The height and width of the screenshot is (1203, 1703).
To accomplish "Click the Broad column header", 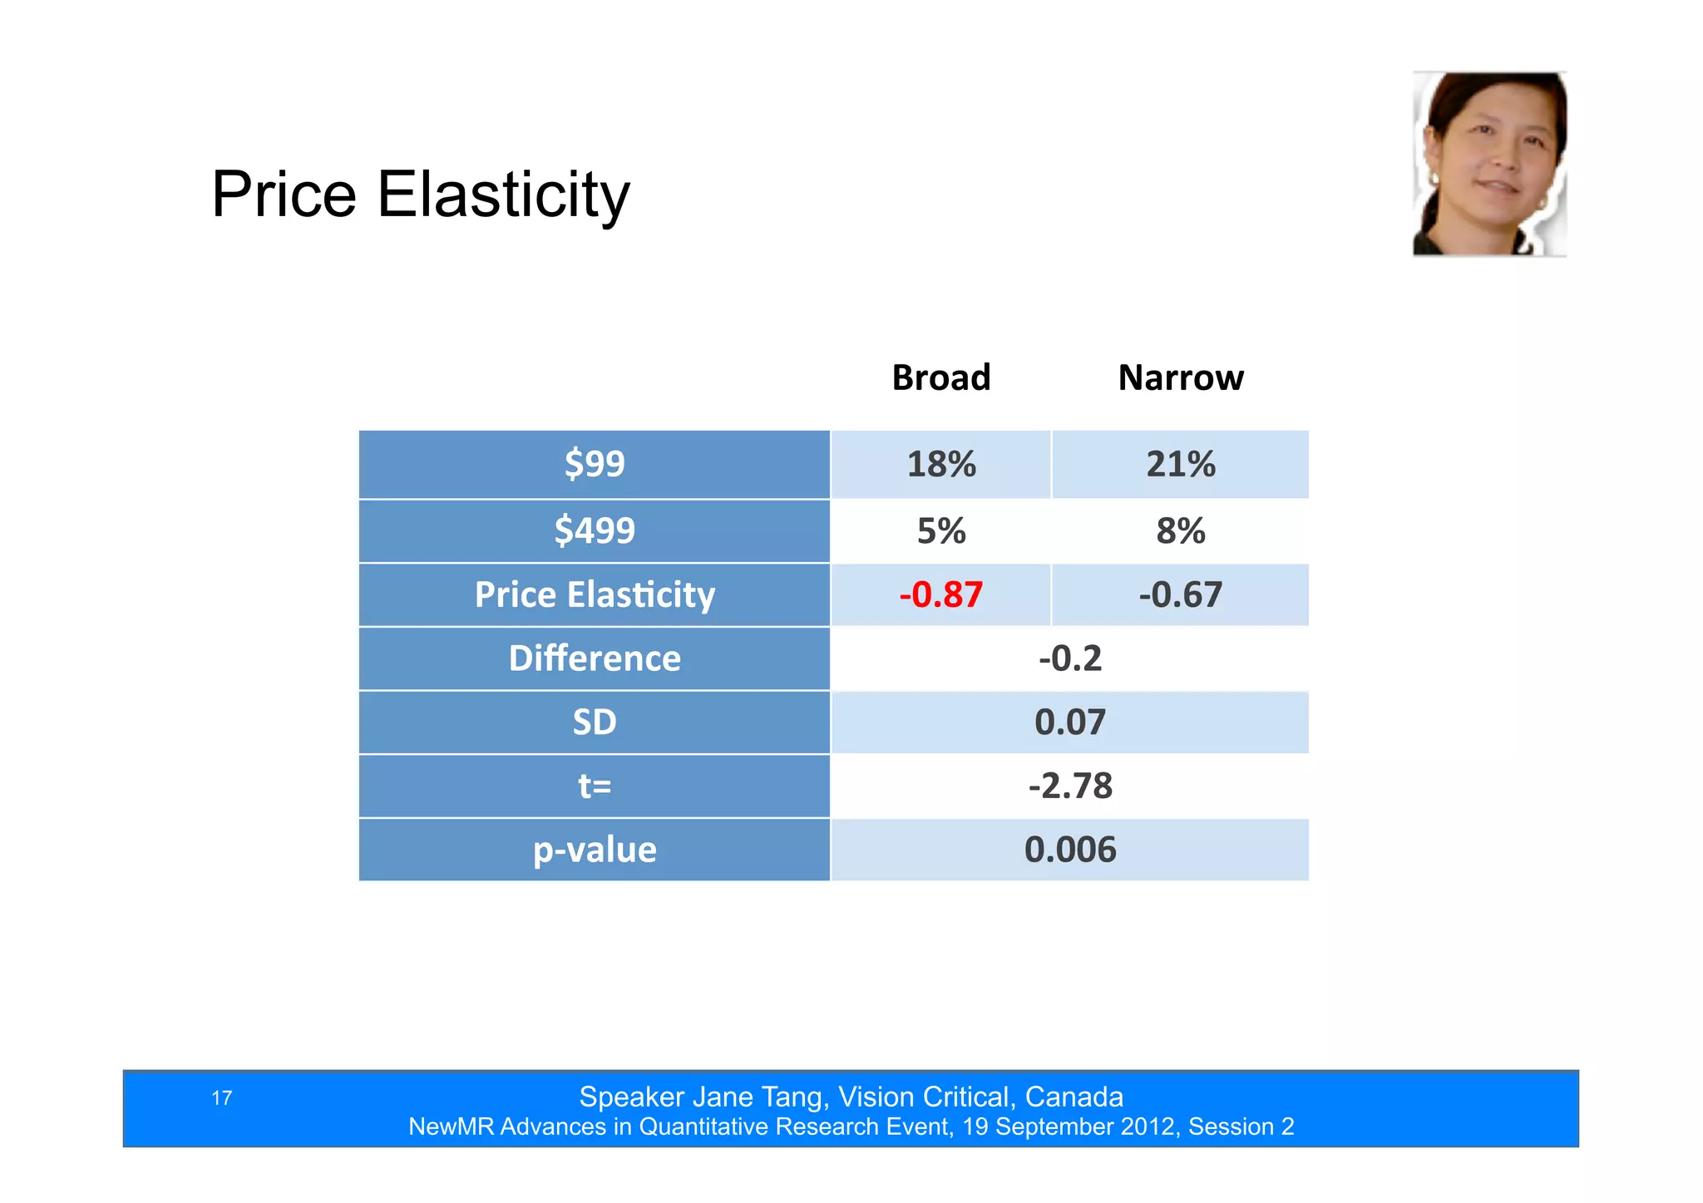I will (940, 377).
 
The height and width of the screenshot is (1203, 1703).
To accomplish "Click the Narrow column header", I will (1180, 377).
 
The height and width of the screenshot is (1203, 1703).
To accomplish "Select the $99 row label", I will (594, 464).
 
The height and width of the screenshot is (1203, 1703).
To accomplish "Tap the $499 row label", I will (594, 530).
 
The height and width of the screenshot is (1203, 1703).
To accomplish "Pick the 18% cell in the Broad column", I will (940, 464).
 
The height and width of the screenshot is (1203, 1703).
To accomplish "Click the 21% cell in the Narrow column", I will (1180, 464).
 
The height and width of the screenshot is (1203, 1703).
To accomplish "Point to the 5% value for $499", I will (940, 530).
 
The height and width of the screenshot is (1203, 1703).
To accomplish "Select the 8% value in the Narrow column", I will (1180, 530).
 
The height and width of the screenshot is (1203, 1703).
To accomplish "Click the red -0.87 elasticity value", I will (940, 594).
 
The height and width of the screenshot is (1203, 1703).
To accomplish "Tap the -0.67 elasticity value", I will (1180, 594).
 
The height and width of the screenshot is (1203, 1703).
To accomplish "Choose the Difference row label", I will (594, 658).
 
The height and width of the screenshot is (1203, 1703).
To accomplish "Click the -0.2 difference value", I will (1069, 658).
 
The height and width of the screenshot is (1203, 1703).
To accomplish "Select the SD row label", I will (594, 722).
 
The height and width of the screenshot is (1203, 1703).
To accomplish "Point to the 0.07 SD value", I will (1069, 722).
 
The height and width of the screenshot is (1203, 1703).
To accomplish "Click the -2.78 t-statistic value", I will (1069, 786).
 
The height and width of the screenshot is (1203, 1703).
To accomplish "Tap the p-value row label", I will (594, 850).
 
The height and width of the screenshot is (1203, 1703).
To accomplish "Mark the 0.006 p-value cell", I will (1069, 850).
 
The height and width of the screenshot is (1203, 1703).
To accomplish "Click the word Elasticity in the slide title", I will (503, 195).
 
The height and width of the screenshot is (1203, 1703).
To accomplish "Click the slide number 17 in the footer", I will (221, 1098).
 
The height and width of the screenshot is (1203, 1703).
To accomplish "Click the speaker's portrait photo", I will (1489, 164).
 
